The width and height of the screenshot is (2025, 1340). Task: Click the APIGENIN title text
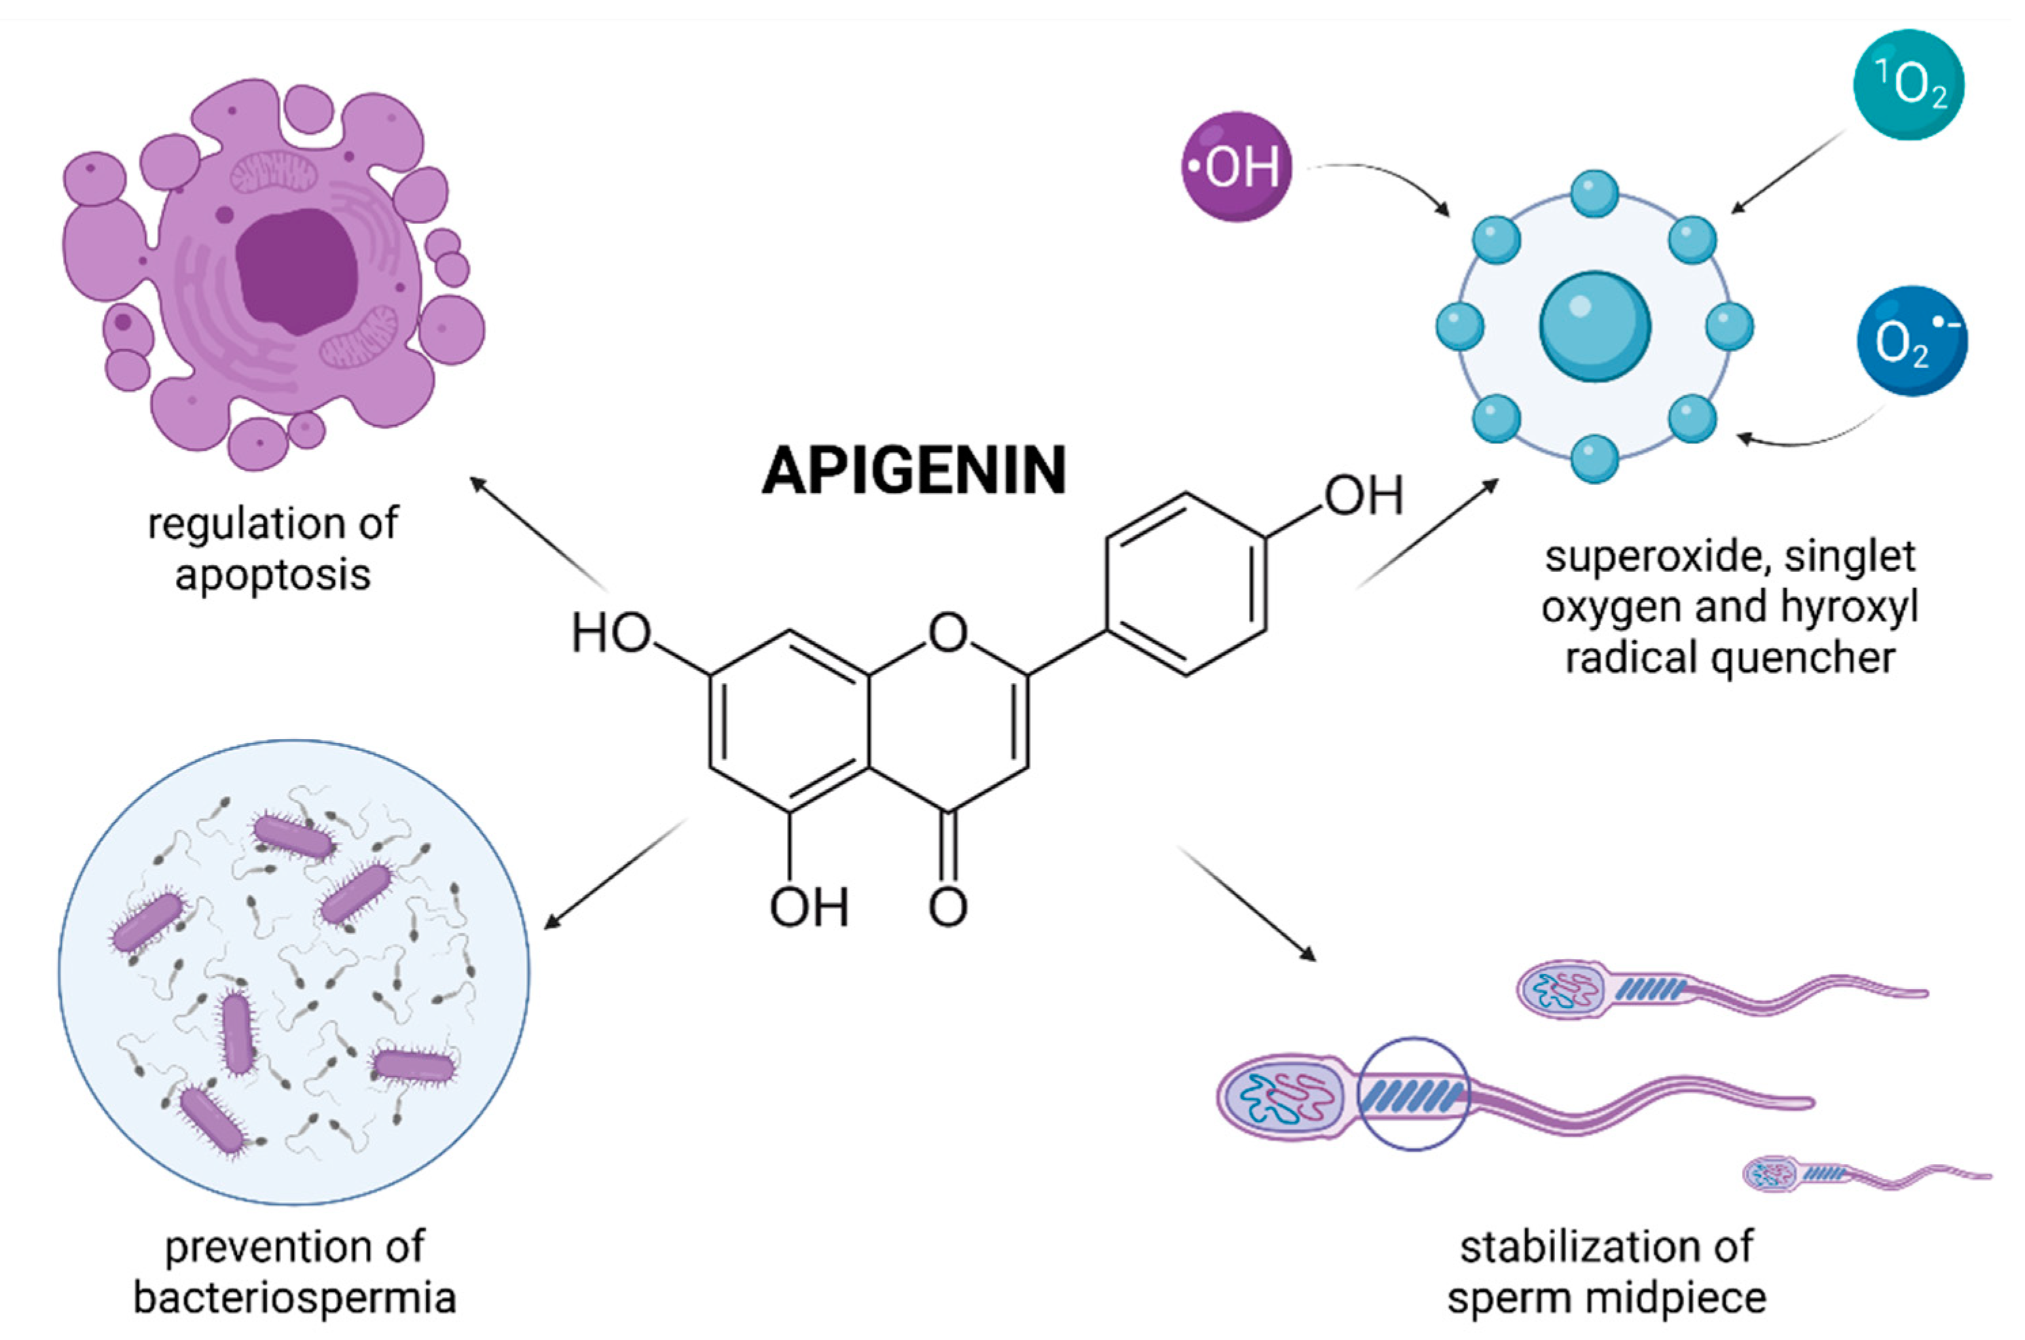coord(913,470)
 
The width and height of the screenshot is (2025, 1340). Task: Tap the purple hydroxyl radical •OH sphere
coord(1237,166)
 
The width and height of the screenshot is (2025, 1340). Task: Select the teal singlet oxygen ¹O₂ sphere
coord(1908,85)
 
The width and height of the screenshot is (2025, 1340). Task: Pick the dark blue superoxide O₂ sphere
coord(1912,341)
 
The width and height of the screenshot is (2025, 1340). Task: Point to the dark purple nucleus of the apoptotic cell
coord(297,271)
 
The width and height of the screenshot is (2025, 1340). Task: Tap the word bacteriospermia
coord(295,1298)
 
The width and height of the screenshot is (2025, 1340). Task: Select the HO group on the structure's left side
coord(612,633)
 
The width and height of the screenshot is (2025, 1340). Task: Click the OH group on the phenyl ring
coord(1364,495)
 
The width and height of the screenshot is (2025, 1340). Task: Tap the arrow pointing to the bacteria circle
coord(616,873)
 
